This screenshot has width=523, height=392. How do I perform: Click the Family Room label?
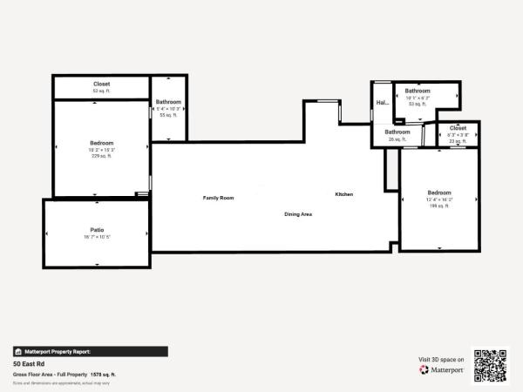pos(219,198)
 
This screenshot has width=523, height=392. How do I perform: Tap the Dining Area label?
pos(298,213)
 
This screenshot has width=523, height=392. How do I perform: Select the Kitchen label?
pos(344,193)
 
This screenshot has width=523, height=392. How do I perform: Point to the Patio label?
pos(97,230)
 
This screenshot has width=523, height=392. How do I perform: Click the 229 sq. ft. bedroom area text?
pos(101,156)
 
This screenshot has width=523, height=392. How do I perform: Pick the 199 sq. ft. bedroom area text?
pos(438,206)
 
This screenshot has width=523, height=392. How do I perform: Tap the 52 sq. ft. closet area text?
pos(101,91)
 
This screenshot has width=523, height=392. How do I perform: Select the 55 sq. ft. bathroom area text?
pos(168,115)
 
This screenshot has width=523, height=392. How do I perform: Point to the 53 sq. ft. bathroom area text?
pos(418,103)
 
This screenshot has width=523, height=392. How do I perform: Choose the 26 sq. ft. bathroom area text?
pos(397,139)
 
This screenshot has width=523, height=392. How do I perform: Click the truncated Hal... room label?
pos(382,103)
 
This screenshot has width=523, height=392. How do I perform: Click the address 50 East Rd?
pos(30,364)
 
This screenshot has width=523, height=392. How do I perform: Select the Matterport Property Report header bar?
pos(89,352)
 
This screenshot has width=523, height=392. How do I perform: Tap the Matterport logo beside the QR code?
pos(442,369)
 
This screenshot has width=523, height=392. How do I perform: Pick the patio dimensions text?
pos(97,237)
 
